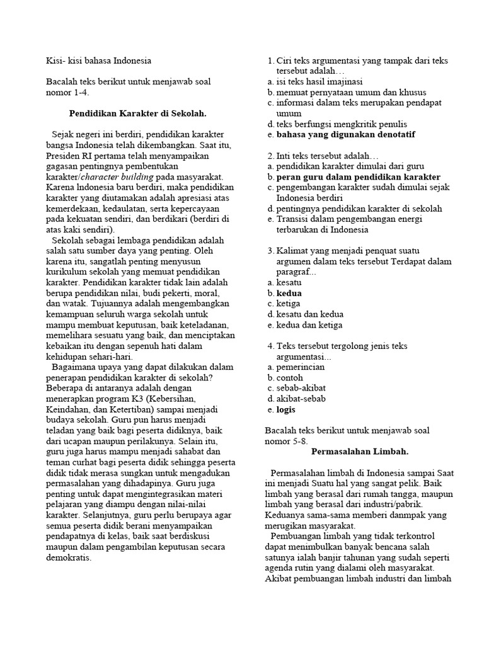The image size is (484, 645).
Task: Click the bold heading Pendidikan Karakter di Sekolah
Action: click(x=137, y=113)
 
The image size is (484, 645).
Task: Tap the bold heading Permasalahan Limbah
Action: click(x=360, y=452)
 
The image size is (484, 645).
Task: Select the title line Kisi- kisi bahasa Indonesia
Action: click(x=99, y=60)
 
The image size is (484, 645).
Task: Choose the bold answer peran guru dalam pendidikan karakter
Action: click(x=359, y=177)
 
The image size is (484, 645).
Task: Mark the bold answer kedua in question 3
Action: click(x=289, y=294)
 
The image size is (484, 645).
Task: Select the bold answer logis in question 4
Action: click(x=286, y=409)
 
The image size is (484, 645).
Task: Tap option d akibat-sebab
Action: click(x=301, y=399)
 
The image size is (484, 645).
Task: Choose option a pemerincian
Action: click(x=301, y=367)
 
